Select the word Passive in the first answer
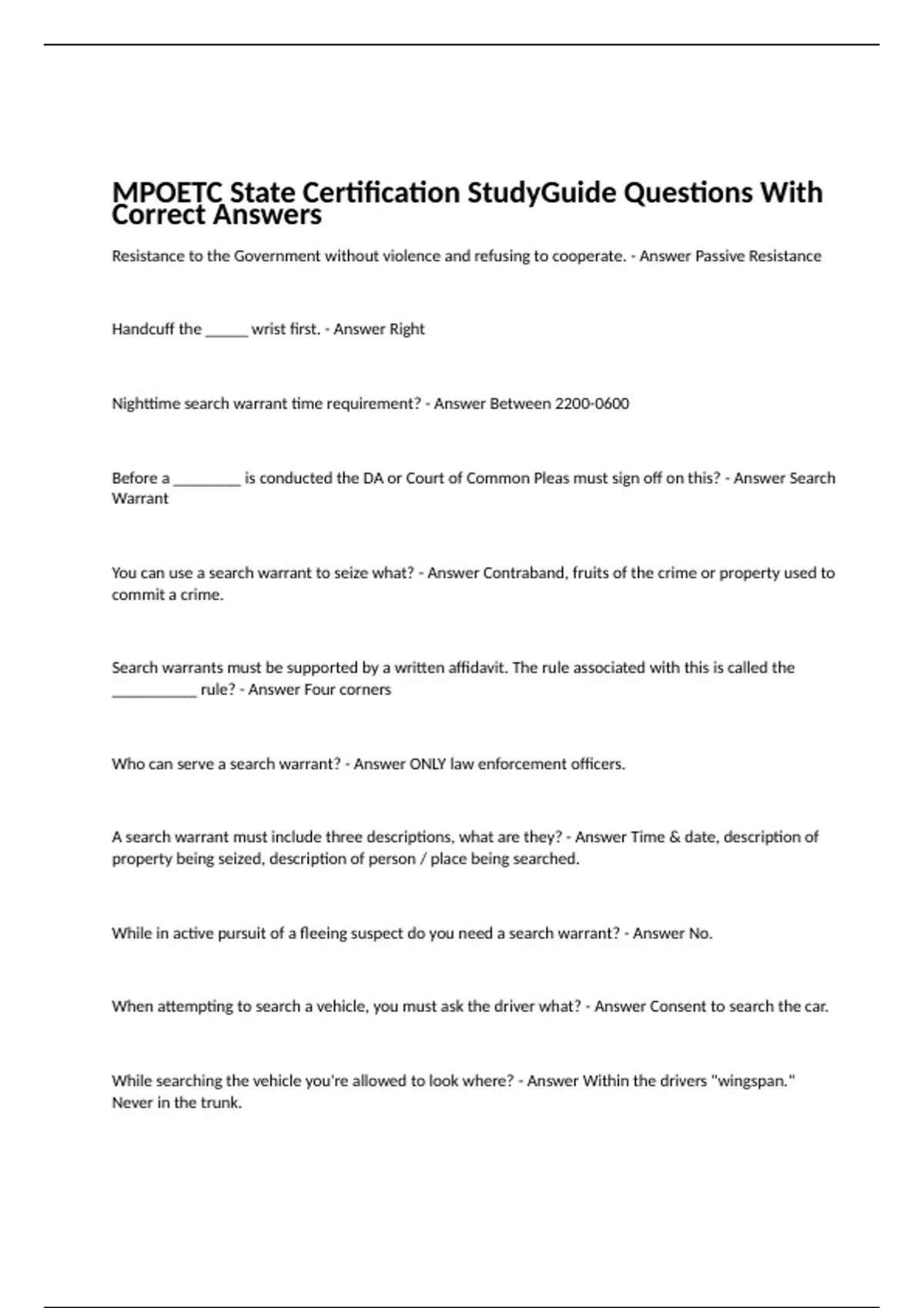[721, 256]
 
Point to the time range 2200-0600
[591, 404]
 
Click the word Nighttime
[146, 404]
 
